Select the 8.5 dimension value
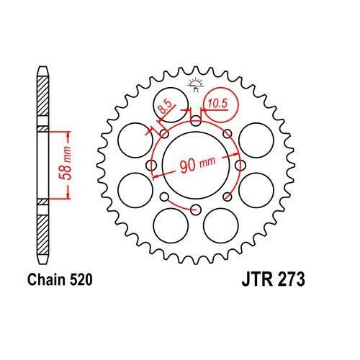coord(165,109)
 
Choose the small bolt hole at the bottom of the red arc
coord(195,209)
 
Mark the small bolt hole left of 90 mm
coord(151,166)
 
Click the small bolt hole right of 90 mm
coord(238,166)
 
